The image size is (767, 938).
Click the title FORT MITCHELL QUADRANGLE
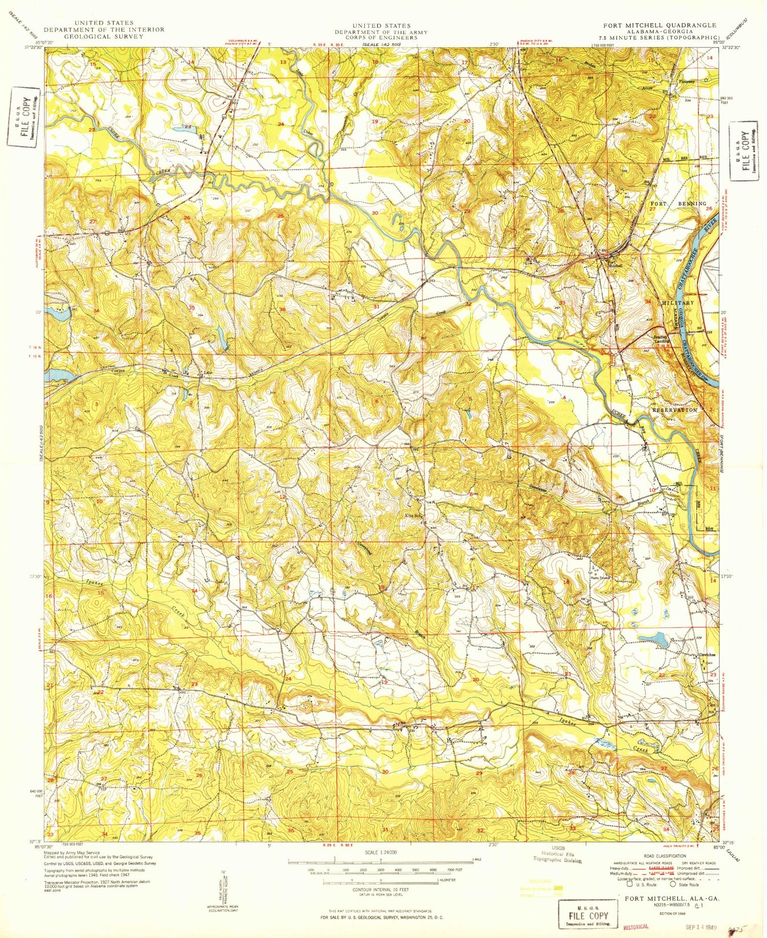point(660,25)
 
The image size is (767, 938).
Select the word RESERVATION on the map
point(674,410)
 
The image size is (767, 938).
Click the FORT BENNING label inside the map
point(678,203)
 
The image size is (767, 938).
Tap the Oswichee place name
point(707,656)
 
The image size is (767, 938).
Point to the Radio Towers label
point(602,576)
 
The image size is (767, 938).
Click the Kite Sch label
point(413,516)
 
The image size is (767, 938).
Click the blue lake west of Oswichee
point(657,638)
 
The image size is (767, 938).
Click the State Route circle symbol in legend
point(674,884)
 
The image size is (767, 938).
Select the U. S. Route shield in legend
point(630,884)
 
